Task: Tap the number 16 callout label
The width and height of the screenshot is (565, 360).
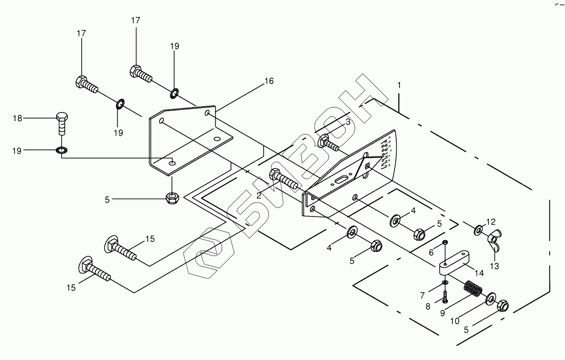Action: (x=269, y=81)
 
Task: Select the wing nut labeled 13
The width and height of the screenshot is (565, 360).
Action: (x=494, y=239)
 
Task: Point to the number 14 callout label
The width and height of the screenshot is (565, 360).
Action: (x=479, y=273)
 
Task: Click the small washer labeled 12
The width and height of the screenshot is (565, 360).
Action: (x=478, y=230)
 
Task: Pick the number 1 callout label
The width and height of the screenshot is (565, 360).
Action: (x=399, y=85)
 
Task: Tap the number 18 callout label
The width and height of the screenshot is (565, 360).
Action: (x=17, y=118)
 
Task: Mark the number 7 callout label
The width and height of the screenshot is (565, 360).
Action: (x=422, y=296)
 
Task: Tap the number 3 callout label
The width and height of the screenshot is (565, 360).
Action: (x=347, y=122)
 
